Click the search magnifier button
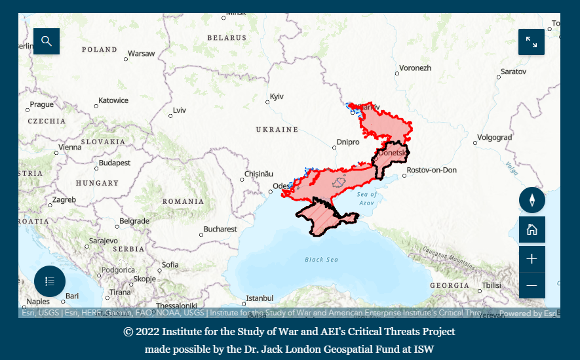47,41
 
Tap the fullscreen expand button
532,42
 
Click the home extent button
532,230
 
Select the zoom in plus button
532,259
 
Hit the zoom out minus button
532,285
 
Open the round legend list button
50,281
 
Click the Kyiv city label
277,96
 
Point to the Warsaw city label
142,54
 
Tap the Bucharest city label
220,230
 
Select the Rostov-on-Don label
431,170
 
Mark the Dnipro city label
347,142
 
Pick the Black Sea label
321,260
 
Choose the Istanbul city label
259,298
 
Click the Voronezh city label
416,68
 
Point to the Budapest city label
115,163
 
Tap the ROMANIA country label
184,201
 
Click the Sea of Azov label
367,199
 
